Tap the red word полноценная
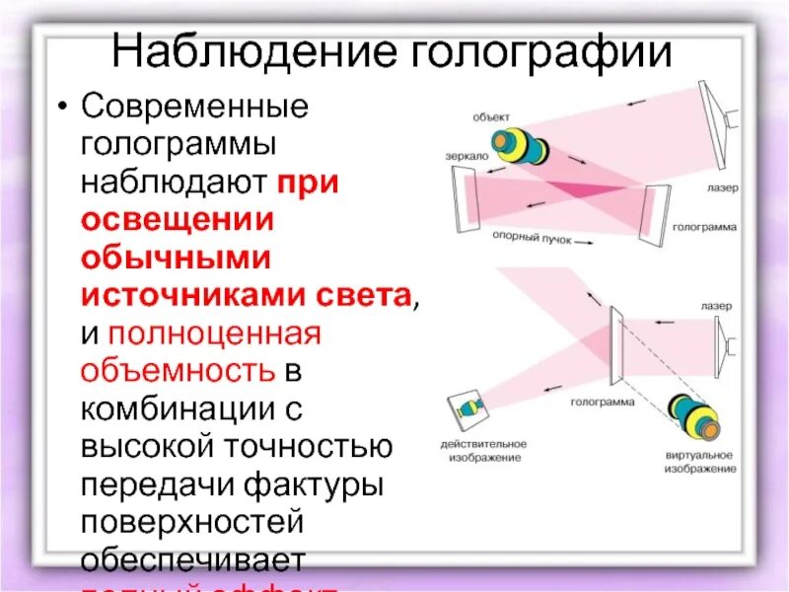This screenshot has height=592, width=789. [x=215, y=333]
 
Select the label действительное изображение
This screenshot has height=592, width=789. [x=482, y=451]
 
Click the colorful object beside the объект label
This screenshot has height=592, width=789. [x=520, y=146]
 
